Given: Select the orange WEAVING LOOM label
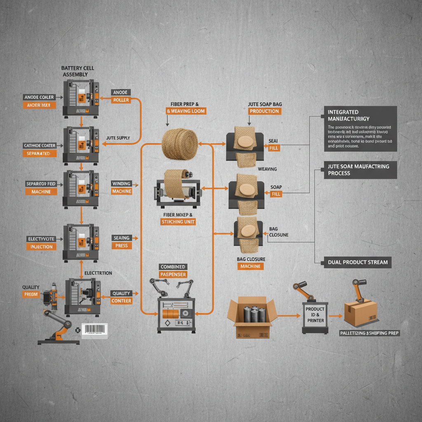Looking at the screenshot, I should tap(186, 111).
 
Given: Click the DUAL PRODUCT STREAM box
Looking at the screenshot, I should tap(358, 262).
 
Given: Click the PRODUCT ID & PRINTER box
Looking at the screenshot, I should tap(315, 314).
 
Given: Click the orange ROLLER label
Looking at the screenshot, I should tap(121, 100).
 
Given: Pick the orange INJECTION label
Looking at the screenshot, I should tap(42, 247).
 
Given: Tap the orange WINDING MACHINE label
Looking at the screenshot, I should tap(122, 192).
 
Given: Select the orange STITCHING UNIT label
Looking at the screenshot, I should tap(178, 222).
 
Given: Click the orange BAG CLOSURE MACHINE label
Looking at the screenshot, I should tap(251, 266).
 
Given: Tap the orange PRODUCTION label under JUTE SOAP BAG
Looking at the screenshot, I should tap(265, 111).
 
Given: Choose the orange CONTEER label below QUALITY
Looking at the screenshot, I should tap(121, 301).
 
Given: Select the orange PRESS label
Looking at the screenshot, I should tap(122, 246).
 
